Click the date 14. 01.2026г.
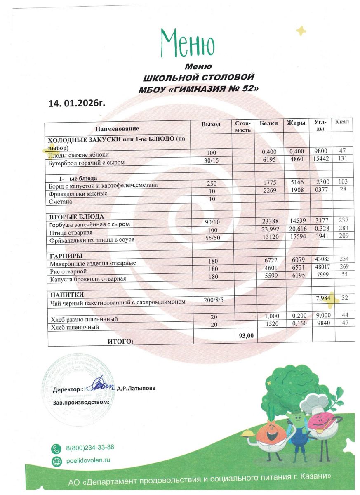coord(77,103)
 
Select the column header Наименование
coord(117,129)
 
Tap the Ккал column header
coord(342,122)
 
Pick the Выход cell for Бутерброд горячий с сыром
coord(210,162)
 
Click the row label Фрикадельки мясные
coord(78,193)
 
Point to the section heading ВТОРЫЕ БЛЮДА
coord(77,217)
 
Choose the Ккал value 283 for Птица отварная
coord(343,229)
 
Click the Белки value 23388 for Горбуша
coord(271,221)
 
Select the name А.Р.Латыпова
coord(136,388)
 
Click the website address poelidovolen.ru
coord(88,460)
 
